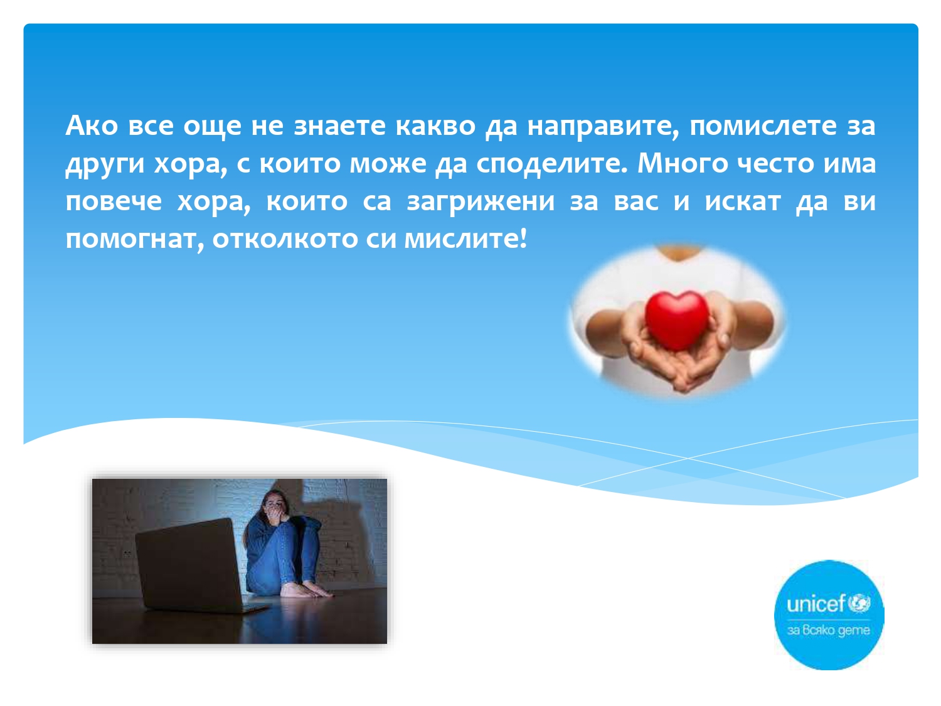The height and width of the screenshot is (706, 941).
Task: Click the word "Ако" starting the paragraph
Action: click(92, 126)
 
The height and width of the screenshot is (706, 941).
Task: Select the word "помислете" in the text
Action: click(763, 126)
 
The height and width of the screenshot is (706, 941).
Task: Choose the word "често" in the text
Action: click(775, 164)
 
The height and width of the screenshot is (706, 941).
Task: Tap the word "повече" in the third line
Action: click(114, 201)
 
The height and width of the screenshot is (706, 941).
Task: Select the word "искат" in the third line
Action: click(743, 201)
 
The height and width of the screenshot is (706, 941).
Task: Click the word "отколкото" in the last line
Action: click(285, 239)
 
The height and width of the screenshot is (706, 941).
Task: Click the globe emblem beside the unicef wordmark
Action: click(859, 603)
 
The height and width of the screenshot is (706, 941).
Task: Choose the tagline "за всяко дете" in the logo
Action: click(829, 630)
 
